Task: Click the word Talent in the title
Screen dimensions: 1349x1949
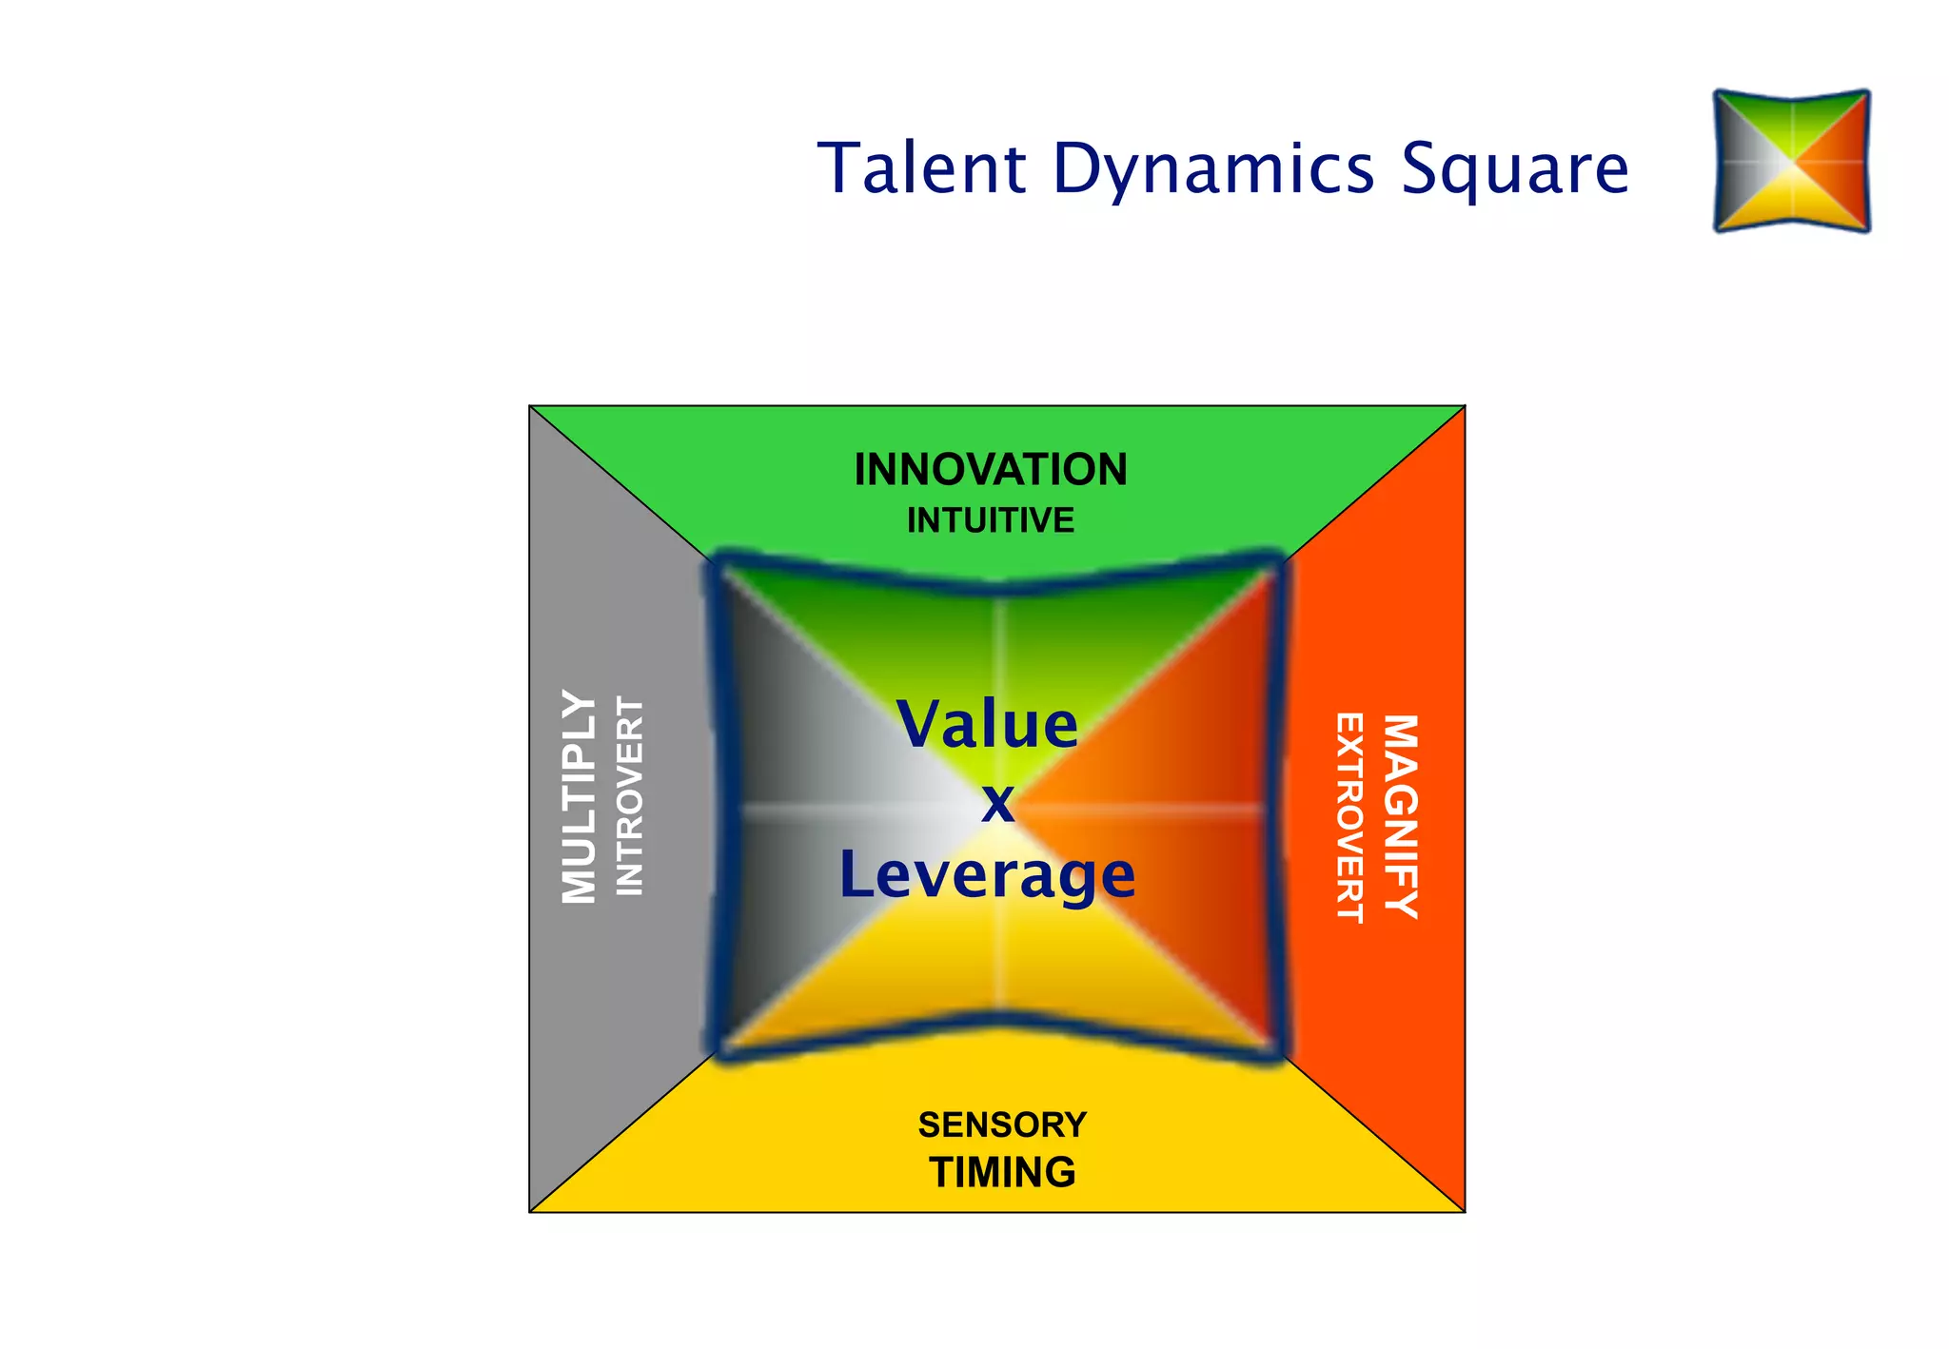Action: (921, 168)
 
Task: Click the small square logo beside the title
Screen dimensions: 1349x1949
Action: (1791, 161)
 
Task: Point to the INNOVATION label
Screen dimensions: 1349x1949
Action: (991, 470)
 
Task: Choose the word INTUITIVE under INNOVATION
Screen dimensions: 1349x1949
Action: (991, 520)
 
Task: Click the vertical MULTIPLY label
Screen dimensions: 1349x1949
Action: (579, 796)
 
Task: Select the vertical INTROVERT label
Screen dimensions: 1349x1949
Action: (630, 796)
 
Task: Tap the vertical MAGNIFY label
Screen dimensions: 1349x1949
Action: (1401, 816)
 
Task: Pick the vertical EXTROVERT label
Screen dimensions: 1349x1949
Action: (1349, 817)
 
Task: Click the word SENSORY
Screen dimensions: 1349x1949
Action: (1002, 1124)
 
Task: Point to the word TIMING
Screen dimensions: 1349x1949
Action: (1002, 1172)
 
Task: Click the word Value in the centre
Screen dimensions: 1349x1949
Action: (987, 725)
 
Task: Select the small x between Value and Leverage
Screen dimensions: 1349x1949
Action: (997, 803)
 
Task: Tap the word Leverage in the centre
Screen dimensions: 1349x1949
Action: (987, 875)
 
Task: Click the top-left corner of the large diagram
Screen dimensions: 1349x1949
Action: (530, 406)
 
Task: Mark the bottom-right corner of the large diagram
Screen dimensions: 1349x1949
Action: (1465, 1212)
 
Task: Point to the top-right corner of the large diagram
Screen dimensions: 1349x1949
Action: (1465, 406)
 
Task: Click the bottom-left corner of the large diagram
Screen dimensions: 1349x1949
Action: (530, 1212)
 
